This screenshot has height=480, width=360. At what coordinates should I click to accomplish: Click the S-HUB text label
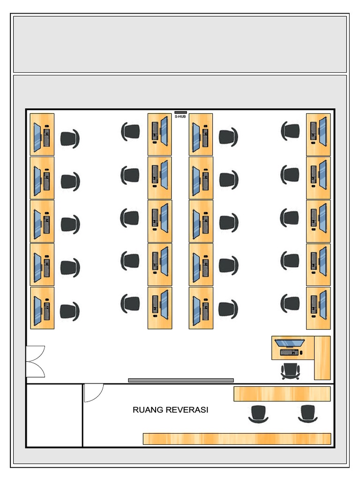(x=180, y=117)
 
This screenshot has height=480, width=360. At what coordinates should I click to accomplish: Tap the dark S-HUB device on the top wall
(x=180, y=112)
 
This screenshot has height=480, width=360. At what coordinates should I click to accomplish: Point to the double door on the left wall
(x=35, y=361)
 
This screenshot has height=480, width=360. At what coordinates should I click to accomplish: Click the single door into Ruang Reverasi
(x=93, y=393)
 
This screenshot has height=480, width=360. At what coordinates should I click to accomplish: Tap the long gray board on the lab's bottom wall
(x=181, y=380)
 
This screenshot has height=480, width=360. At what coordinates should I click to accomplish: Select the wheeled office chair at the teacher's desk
(x=290, y=371)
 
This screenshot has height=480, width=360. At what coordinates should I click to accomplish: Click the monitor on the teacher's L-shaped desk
(x=289, y=343)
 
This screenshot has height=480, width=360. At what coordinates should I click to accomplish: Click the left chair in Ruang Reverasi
(x=258, y=413)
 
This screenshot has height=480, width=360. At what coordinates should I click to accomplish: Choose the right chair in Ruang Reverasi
(x=307, y=413)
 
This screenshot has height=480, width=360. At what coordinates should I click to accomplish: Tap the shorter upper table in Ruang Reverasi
(x=282, y=394)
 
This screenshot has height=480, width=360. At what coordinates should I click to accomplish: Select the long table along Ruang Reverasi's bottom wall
(x=237, y=439)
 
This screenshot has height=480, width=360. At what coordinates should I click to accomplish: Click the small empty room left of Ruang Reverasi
(x=54, y=415)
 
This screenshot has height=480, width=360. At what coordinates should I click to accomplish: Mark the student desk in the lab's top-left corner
(x=42, y=135)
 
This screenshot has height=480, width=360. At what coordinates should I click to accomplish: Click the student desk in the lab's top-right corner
(x=318, y=135)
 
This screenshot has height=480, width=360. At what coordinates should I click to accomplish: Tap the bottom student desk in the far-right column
(x=318, y=308)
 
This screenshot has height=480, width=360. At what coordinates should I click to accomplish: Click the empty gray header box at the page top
(x=180, y=44)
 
